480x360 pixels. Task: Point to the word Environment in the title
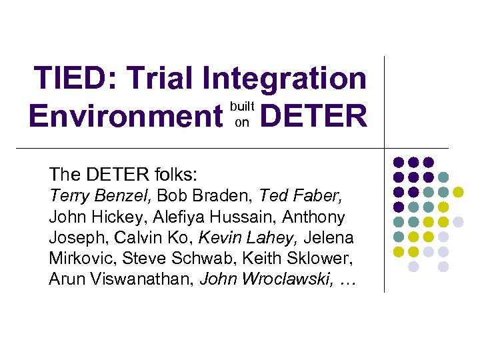point(125,117)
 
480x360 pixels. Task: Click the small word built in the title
point(242,106)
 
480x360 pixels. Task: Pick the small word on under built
point(241,122)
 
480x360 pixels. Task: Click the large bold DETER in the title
point(313,117)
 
